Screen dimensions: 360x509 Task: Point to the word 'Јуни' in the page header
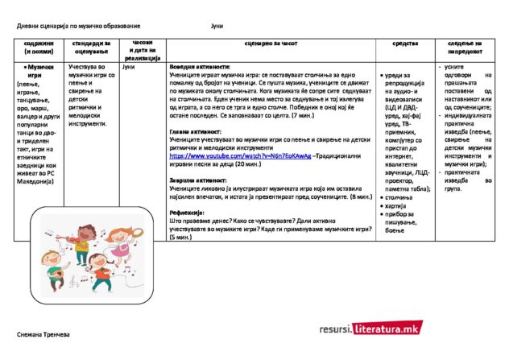[217, 27]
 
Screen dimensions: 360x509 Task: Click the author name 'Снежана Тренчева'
[44, 333]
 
